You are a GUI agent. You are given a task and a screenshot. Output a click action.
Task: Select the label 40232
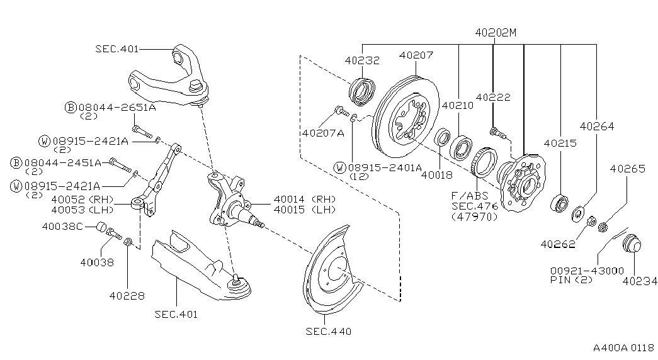tap(362, 61)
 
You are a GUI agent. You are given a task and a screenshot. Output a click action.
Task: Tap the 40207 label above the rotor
tap(416, 55)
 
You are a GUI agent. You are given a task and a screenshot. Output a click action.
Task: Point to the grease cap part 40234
tap(630, 244)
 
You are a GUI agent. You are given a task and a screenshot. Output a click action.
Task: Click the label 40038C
tap(62, 226)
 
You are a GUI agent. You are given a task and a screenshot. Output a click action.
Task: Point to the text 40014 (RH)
tap(304, 199)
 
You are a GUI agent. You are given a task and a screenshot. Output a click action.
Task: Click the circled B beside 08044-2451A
tap(17, 162)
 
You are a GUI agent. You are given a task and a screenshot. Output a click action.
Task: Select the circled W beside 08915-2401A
tap(341, 168)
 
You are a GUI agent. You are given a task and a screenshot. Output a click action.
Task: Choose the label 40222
tap(493, 98)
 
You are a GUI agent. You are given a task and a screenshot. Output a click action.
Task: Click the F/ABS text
tap(470, 196)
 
